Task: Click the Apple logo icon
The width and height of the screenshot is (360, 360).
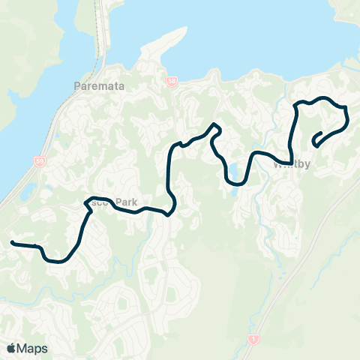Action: coord(12,348)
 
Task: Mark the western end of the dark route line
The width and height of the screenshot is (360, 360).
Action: coord(12,243)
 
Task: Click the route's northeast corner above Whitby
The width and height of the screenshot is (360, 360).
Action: coord(346,109)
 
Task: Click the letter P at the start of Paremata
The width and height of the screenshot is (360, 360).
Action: coord(78,85)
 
